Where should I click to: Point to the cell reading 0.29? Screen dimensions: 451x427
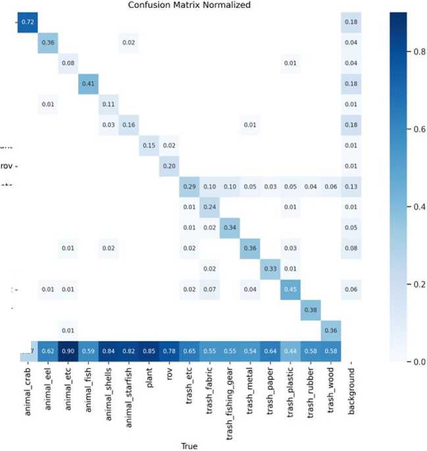tap(188, 186)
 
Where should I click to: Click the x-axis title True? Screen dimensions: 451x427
tap(189, 446)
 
